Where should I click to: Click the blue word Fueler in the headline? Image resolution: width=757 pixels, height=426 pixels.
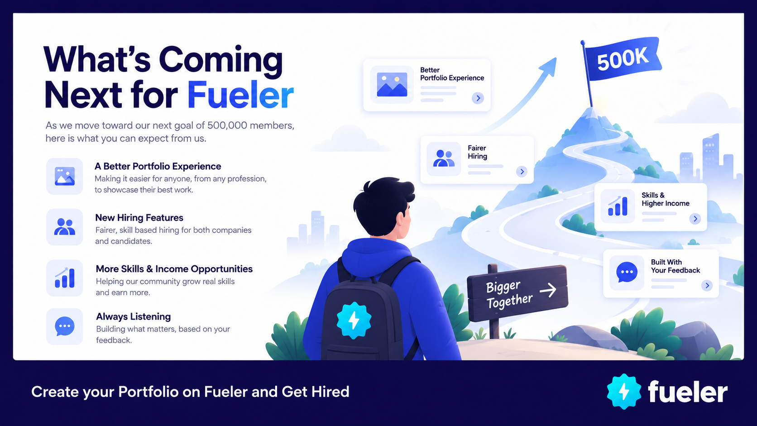click(x=240, y=95)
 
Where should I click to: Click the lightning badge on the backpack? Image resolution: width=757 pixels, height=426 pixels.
click(x=354, y=320)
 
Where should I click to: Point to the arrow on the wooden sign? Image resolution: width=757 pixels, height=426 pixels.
click(x=548, y=290)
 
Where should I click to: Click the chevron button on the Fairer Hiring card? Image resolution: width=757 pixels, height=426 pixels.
click(x=522, y=172)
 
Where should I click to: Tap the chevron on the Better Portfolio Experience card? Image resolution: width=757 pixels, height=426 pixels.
click(x=478, y=98)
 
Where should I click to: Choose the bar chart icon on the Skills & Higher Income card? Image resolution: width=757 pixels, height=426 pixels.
click(x=618, y=206)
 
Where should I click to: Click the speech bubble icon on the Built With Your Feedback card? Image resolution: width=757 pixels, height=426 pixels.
click(x=627, y=272)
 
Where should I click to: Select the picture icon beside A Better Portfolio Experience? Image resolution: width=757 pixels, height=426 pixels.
click(x=65, y=177)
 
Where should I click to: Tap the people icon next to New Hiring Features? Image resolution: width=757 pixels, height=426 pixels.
click(x=65, y=227)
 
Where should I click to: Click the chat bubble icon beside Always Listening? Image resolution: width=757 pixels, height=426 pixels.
click(x=65, y=326)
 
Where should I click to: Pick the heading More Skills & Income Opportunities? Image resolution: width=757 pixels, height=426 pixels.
click(x=174, y=269)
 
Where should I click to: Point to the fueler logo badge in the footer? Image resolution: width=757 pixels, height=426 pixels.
click(x=624, y=392)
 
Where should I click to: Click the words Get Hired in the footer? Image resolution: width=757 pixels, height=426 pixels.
click(x=315, y=392)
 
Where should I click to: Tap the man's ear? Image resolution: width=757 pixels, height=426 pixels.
click(x=401, y=218)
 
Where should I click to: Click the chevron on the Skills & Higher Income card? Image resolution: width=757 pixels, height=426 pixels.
click(x=695, y=219)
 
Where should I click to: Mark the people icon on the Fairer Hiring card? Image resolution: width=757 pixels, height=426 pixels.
click(x=444, y=158)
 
